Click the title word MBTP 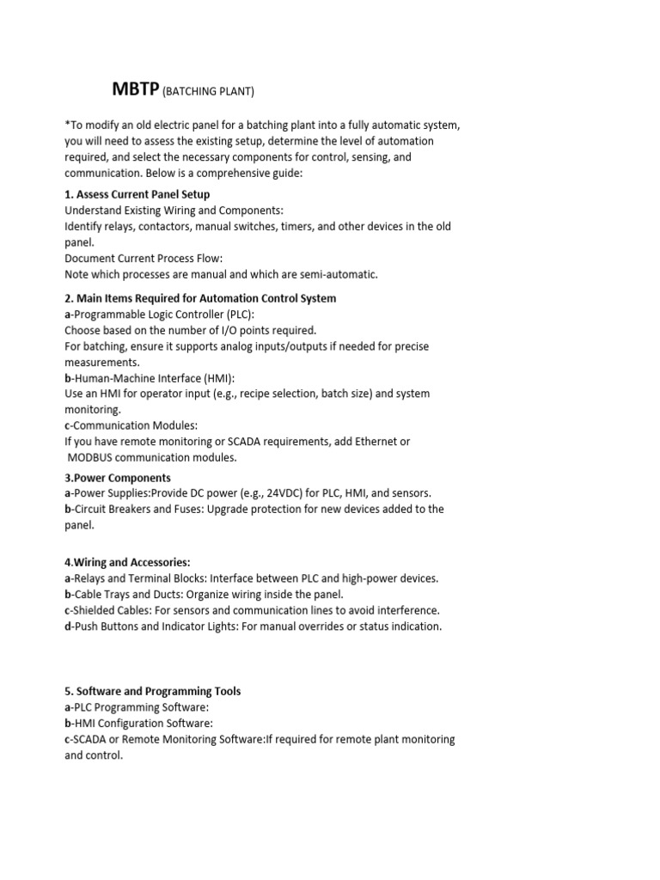136,89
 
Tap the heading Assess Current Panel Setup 144,194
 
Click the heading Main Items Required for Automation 206,298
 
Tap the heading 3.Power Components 118,478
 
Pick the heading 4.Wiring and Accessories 128,563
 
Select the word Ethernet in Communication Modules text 382,442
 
